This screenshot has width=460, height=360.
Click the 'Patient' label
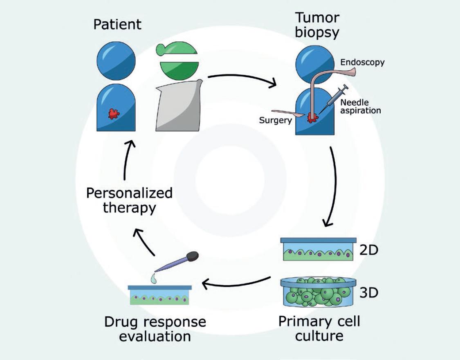[x=117, y=24]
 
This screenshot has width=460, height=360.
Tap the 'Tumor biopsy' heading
[x=317, y=25]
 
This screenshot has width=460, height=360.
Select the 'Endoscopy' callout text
[x=362, y=63]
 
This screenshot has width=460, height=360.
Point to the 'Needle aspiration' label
[x=360, y=106]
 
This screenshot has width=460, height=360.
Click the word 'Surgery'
[x=275, y=120]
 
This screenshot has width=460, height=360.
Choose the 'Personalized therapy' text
[x=129, y=200]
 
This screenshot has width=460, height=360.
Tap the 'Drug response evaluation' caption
[x=155, y=328]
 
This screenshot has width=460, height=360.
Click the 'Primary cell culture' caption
[x=319, y=328]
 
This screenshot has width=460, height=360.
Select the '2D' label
[x=368, y=250]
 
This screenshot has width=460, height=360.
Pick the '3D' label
[x=368, y=293]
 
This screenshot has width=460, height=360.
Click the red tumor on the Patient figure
[x=114, y=114]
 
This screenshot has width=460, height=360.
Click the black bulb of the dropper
[x=191, y=257]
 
